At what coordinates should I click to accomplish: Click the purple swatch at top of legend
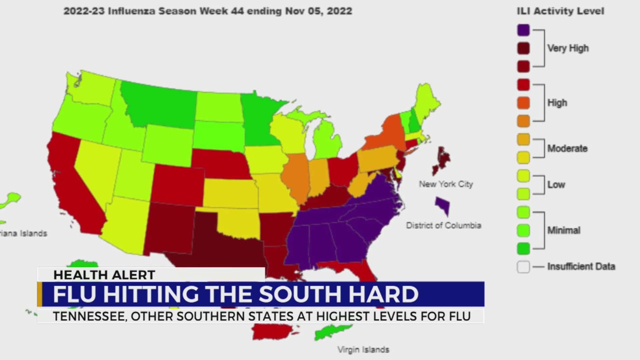tap(523, 30)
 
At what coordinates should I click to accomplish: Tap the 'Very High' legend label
tap(568, 48)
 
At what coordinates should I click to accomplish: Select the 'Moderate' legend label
tap(567, 148)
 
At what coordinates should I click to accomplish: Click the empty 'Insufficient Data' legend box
tap(523, 267)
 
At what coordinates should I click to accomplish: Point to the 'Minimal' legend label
tap(564, 230)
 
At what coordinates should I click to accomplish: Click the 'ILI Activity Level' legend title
tap(560, 11)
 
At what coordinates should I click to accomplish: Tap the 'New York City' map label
tap(446, 184)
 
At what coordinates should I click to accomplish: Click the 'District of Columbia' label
tap(443, 226)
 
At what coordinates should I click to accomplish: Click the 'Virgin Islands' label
tap(363, 350)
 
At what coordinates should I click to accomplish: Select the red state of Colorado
tap(178, 185)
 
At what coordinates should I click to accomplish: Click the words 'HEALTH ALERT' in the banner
tap(104, 275)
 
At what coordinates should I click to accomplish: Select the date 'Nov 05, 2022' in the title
tap(318, 11)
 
